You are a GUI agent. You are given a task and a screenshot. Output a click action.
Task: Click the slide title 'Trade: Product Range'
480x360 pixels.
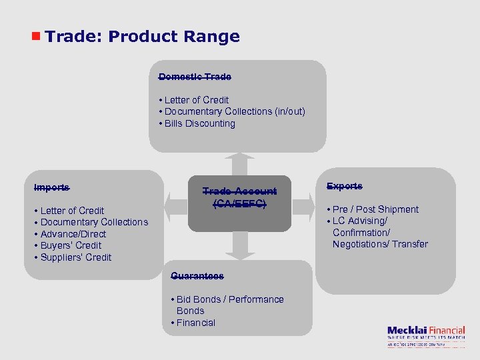[x=143, y=37]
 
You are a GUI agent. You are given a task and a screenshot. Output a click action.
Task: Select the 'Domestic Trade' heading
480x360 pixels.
[x=195, y=77]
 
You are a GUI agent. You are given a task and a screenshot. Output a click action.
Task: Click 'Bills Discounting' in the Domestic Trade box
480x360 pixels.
[x=199, y=123]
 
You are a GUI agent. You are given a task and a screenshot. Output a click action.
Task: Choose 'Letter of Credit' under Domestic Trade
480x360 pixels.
[x=196, y=100]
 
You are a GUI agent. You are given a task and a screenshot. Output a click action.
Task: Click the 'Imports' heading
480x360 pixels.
[x=51, y=187]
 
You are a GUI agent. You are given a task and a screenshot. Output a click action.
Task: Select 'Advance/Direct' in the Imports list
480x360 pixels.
[x=73, y=234]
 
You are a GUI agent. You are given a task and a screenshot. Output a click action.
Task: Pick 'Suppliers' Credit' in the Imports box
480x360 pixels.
[x=75, y=257]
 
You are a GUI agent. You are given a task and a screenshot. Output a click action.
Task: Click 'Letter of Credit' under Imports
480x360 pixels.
[x=72, y=211]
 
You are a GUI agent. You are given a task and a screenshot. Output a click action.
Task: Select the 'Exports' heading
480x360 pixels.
[x=345, y=186]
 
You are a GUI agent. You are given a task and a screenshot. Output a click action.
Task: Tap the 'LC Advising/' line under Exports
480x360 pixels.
[x=359, y=221]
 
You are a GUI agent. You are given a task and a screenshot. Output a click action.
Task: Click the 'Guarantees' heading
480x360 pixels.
[x=197, y=275]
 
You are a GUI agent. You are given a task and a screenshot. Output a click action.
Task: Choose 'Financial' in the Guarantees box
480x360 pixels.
[x=195, y=323]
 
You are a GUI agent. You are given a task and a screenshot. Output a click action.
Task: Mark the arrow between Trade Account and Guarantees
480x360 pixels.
[x=239, y=246]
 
